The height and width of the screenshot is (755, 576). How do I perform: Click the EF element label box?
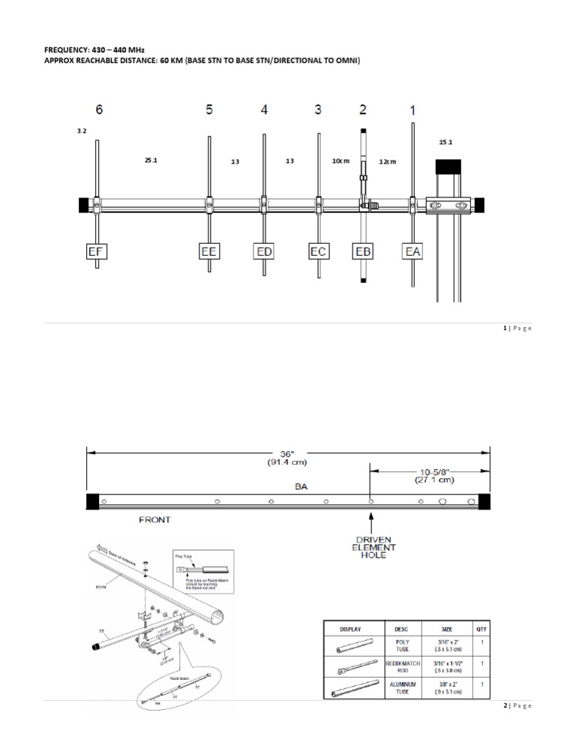click(x=95, y=251)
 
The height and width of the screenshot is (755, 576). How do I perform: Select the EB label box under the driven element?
click(x=363, y=251)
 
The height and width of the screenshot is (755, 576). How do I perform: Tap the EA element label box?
click(x=412, y=251)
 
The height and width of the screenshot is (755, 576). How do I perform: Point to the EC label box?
click(x=318, y=251)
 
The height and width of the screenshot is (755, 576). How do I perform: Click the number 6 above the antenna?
click(x=99, y=110)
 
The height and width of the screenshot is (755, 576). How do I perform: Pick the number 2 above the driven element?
click(x=363, y=110)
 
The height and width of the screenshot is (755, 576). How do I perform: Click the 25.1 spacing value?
click(x=151, y=160)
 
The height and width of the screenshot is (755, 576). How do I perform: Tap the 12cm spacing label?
click(x=388, y=161)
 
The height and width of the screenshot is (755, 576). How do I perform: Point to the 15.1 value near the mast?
click(x=445, y=141)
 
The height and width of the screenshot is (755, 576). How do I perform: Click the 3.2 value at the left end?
click(x=82, y=131)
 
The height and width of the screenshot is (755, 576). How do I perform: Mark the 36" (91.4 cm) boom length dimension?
click(x=289, y=459)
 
